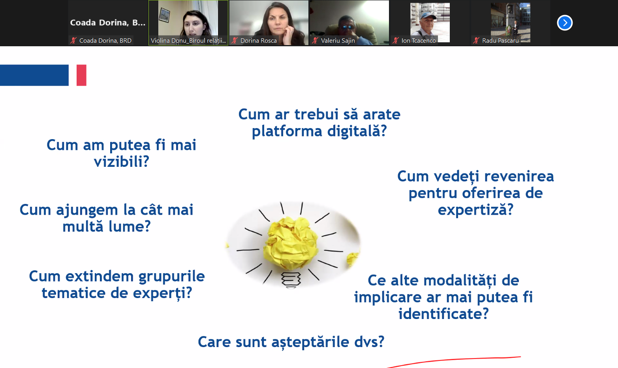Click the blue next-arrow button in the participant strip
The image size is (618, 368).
[564, 23]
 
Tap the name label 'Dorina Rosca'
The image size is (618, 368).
[259, 41]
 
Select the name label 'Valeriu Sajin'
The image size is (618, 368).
[338, 41]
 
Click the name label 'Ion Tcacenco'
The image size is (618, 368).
[419, 41]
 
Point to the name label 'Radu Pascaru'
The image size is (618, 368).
[500, 41]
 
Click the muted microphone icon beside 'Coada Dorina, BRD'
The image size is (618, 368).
[73, 41]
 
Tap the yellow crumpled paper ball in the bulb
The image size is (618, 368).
[291, 243]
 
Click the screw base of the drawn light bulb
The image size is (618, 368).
[291, 280]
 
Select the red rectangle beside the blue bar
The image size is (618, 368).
[81, 75]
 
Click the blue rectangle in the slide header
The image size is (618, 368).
[34, 75]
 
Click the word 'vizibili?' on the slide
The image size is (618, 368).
[121, 162]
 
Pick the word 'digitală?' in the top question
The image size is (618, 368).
[357, 131]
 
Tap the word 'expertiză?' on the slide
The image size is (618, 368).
[475, 209]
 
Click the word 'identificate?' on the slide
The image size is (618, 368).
[443, 313]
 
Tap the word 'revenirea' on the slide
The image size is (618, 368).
[519, 176]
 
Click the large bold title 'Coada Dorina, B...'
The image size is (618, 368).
[107, 23]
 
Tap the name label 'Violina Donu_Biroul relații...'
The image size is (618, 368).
[188, 41]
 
